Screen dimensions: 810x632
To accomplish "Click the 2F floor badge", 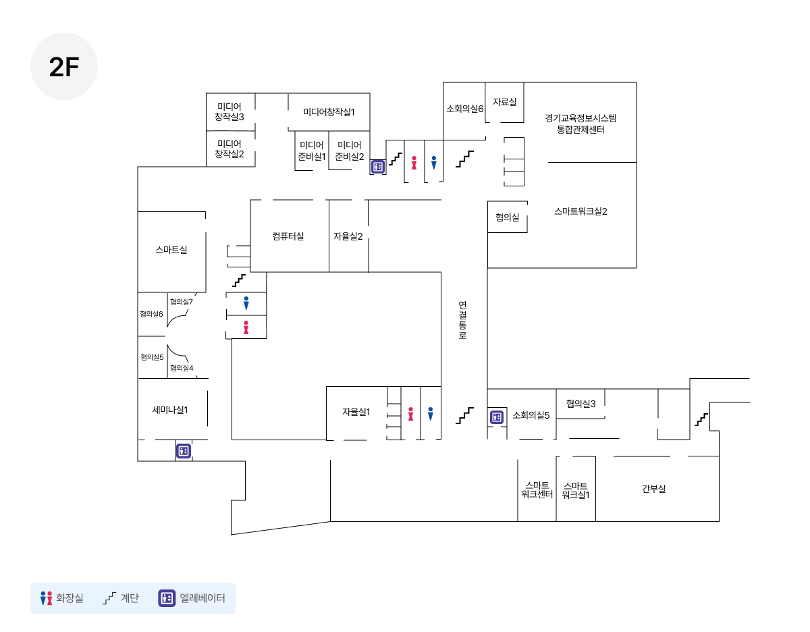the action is [x=63, y=66].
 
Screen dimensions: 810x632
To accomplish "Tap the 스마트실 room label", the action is [x=171, y=249].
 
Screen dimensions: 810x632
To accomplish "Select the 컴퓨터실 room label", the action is [x=288, y=236].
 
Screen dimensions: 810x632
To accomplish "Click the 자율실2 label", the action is [x=348, y=236].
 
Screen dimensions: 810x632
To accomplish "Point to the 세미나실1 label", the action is [x=170, y=410].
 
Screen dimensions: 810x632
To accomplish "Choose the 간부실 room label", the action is [x=653, y=488].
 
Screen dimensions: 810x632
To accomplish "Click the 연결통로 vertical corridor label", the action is [x=462, y=320].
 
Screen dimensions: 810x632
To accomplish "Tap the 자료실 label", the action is [x=504, y=102].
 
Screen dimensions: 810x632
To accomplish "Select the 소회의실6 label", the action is [x=465, y=109].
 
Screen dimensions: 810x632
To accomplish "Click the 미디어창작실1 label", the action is [x=329, y=112].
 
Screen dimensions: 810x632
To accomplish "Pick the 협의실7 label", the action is [x=182, y=302].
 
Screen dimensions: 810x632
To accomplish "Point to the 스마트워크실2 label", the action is [x=580, y=211].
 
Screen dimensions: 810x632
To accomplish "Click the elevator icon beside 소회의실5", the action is [x=497, y=417].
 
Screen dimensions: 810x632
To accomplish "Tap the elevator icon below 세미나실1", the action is [x=184, y=451].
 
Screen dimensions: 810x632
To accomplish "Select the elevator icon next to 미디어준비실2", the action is [x=377, y=167].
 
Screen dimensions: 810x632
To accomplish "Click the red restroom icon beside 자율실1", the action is [x=410, y=414].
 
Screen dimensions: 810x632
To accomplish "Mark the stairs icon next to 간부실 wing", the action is [x=701, y=419].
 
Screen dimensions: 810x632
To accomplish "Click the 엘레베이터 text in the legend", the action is [x=202, y=598].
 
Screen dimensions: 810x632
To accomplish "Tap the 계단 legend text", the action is [x=130, y=598].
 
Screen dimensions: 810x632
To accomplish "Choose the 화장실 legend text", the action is [x=70, y=598].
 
